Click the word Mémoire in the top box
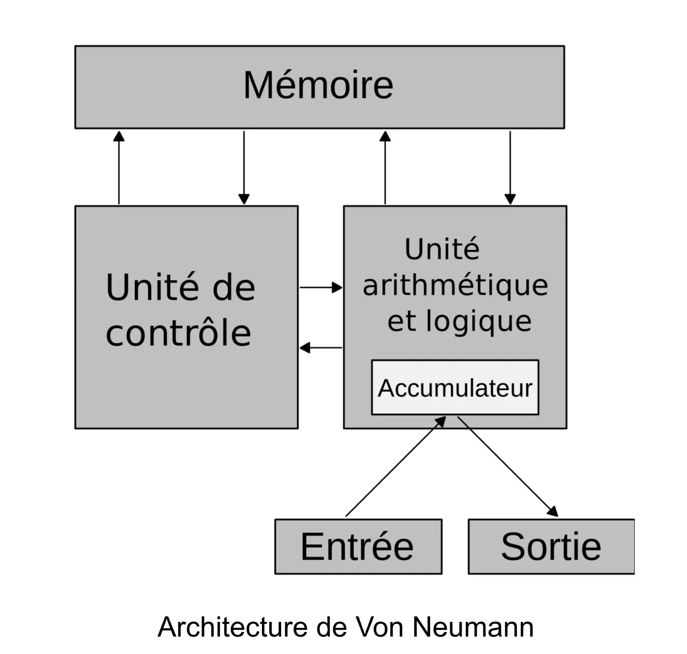[318, 85]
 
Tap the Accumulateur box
[455, 387]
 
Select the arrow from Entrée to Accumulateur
[396, 466]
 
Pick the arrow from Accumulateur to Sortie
[508, 466]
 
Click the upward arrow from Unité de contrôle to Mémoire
[119, 167]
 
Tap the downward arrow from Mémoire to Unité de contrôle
[244, 168]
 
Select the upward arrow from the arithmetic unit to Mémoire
[385, 167]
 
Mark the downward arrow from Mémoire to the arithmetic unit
[510, 168]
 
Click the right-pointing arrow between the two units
[321, 287]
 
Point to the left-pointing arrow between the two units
[321, 347]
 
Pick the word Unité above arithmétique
[442, 248]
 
